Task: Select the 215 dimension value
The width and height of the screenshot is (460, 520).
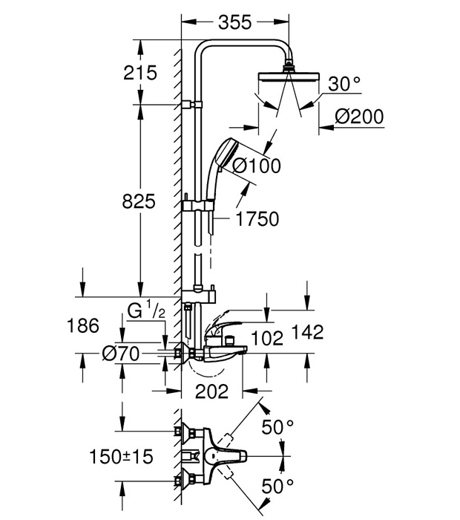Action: (141, 73)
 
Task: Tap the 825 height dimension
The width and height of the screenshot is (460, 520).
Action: (139, 200)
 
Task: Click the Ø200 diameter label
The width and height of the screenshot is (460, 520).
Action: (359, 117)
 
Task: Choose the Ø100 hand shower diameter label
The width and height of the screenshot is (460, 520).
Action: (257, 166)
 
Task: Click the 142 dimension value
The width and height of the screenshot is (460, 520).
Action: (308, 333)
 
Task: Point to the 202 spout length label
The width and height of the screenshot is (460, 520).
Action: (213, 390)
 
